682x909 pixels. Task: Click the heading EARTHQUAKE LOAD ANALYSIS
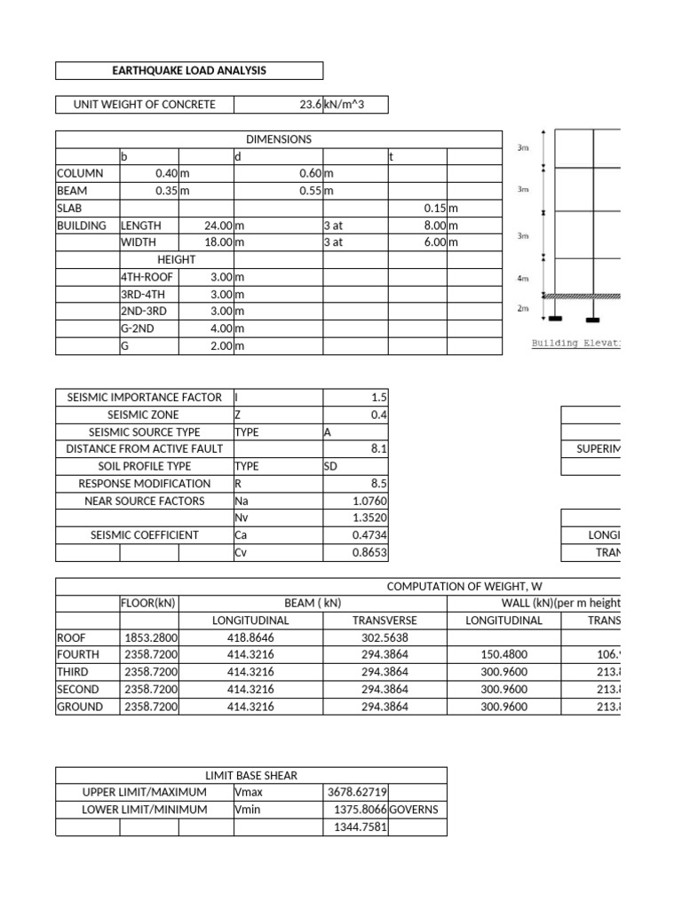tap(188, 70)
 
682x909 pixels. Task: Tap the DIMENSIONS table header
tap(278, 139)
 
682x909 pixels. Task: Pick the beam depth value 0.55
tap(311, 191)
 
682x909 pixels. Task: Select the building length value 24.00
tap(218, 225)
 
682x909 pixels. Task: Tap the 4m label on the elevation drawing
tap(523, 279)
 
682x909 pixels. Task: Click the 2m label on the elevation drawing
tap(523, 309)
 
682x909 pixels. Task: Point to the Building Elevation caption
tap(575, 343)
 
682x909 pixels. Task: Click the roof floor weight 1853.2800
tap(150, 638)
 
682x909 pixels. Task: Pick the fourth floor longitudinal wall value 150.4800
tap(504, 655)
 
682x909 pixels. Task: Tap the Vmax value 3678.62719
tap(358, 792)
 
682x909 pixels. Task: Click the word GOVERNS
tap(414, 810)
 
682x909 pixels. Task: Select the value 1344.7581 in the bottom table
tap(358, 827)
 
